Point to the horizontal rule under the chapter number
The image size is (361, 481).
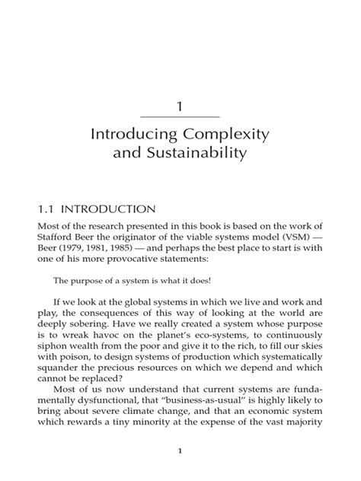pyautogui.click(x=180, y=116)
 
